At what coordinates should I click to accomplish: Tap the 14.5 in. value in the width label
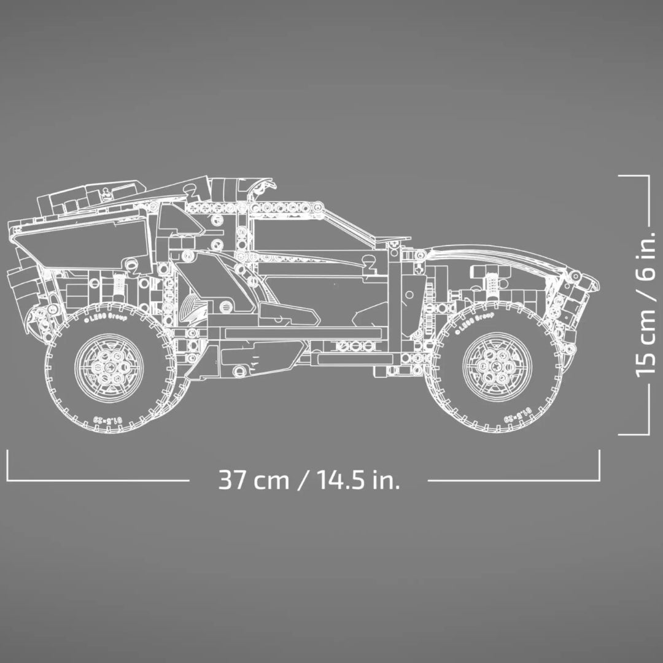pos(359,479)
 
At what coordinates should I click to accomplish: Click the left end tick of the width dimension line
pos(7,465)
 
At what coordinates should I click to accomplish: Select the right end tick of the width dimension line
pos(599,465)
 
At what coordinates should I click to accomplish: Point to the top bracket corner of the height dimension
pos(648,176)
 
